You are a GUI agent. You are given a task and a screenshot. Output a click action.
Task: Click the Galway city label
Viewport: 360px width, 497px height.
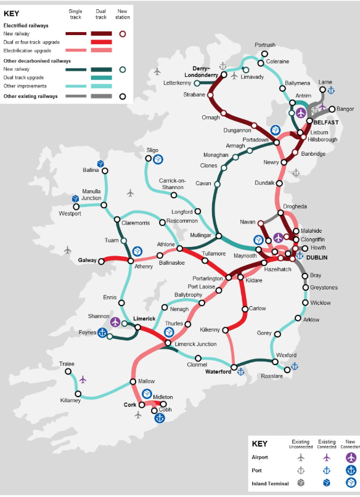[x=87, y=260]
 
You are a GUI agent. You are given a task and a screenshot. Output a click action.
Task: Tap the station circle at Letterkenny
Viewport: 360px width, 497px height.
[x=196, y=83]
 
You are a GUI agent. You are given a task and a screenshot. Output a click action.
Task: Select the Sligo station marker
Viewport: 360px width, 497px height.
[x=148, y=159]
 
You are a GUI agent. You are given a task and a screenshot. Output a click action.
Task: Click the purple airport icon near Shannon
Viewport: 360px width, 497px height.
[x=115, y=321]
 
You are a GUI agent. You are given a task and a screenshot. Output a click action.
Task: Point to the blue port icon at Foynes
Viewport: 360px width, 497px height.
[x=103, y=333]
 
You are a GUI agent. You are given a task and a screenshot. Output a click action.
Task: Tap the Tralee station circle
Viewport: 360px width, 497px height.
[x=70, y=372]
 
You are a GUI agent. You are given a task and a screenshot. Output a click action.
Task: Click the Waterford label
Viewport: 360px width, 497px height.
[x=218, y=372]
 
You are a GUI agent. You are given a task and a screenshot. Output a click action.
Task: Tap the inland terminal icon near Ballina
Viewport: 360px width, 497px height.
[x=100, y=164]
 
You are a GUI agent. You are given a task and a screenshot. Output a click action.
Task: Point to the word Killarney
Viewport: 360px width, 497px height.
[x=70, y=401]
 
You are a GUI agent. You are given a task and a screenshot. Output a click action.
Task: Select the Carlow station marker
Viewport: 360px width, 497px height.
[x=245, y=309]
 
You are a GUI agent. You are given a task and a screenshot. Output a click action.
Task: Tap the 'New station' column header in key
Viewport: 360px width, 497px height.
[x=122, y=14]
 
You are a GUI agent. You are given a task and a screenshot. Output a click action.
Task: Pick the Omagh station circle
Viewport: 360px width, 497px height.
[x=224, y=113]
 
